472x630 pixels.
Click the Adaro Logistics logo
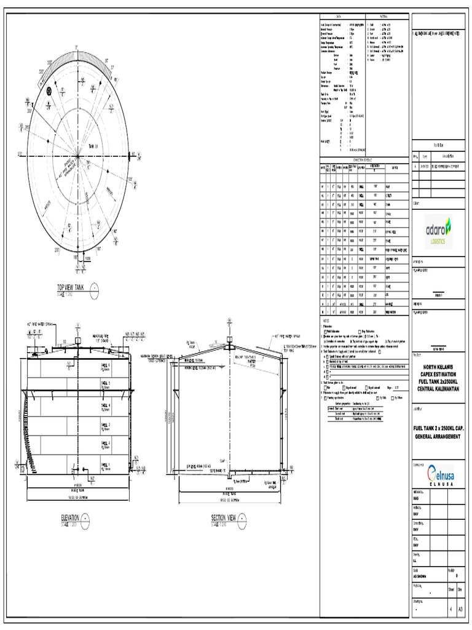click(x=438, y=231)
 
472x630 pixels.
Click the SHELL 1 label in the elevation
click(x=105, y=465)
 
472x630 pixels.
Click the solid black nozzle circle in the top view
click(x=48, y=92)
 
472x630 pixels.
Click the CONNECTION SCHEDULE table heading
click(x=364, y=159)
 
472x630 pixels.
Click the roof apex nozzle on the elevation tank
click(x=78, y=339)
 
